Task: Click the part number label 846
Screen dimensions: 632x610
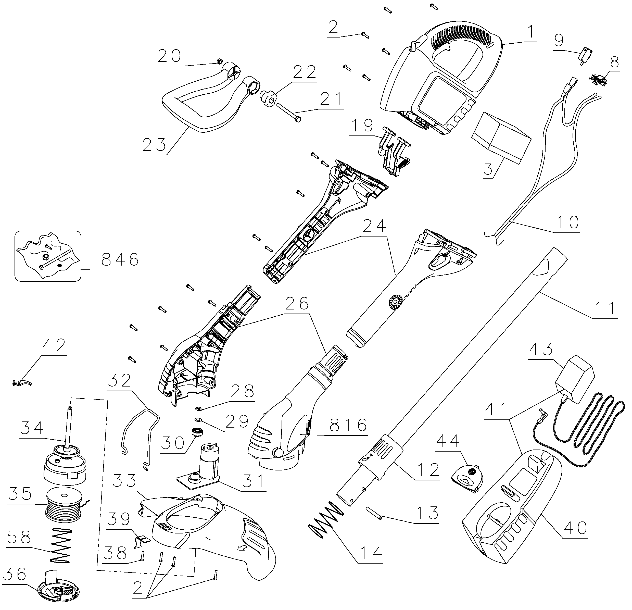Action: point(120,259)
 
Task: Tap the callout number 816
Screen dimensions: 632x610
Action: point(349,426)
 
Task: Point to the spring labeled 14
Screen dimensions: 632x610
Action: point(326,520)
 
